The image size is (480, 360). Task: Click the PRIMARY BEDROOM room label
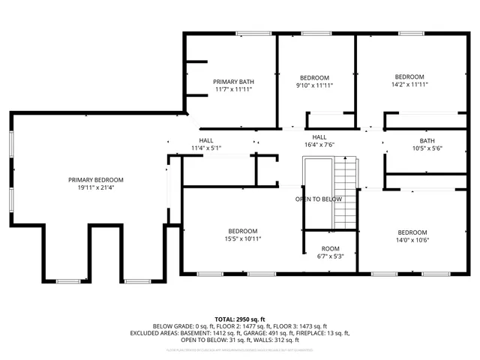[96, 180]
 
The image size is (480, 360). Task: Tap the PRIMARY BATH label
[233, 82]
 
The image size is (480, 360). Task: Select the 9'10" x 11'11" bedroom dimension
[314, 85]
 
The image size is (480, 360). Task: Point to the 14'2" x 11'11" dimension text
[409, 85]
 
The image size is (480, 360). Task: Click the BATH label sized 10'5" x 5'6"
[427, 140]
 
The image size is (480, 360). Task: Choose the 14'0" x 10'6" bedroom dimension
[412, 240]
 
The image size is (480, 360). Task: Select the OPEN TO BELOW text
[318, 199]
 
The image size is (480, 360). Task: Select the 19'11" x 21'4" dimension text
[96, 187]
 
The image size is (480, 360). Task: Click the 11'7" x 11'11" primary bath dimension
[233, 89]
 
